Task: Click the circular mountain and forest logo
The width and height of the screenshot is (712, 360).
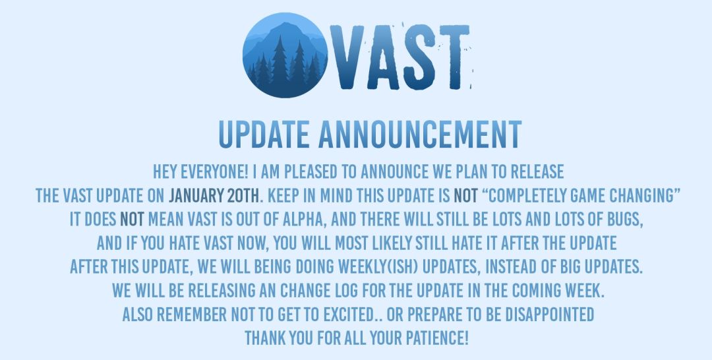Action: pyautogui.click(x=285, y=55)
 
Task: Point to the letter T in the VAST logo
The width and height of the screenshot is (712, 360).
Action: pyautogui.click(x=456, y=57)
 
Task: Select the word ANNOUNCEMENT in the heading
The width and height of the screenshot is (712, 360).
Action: pyautogui.click(x=419, y=135)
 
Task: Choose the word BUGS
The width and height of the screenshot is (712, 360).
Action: pyautogui.click(x=627, y=220)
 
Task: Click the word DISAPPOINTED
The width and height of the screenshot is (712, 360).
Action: pyautogui.click(x=549, y=314)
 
